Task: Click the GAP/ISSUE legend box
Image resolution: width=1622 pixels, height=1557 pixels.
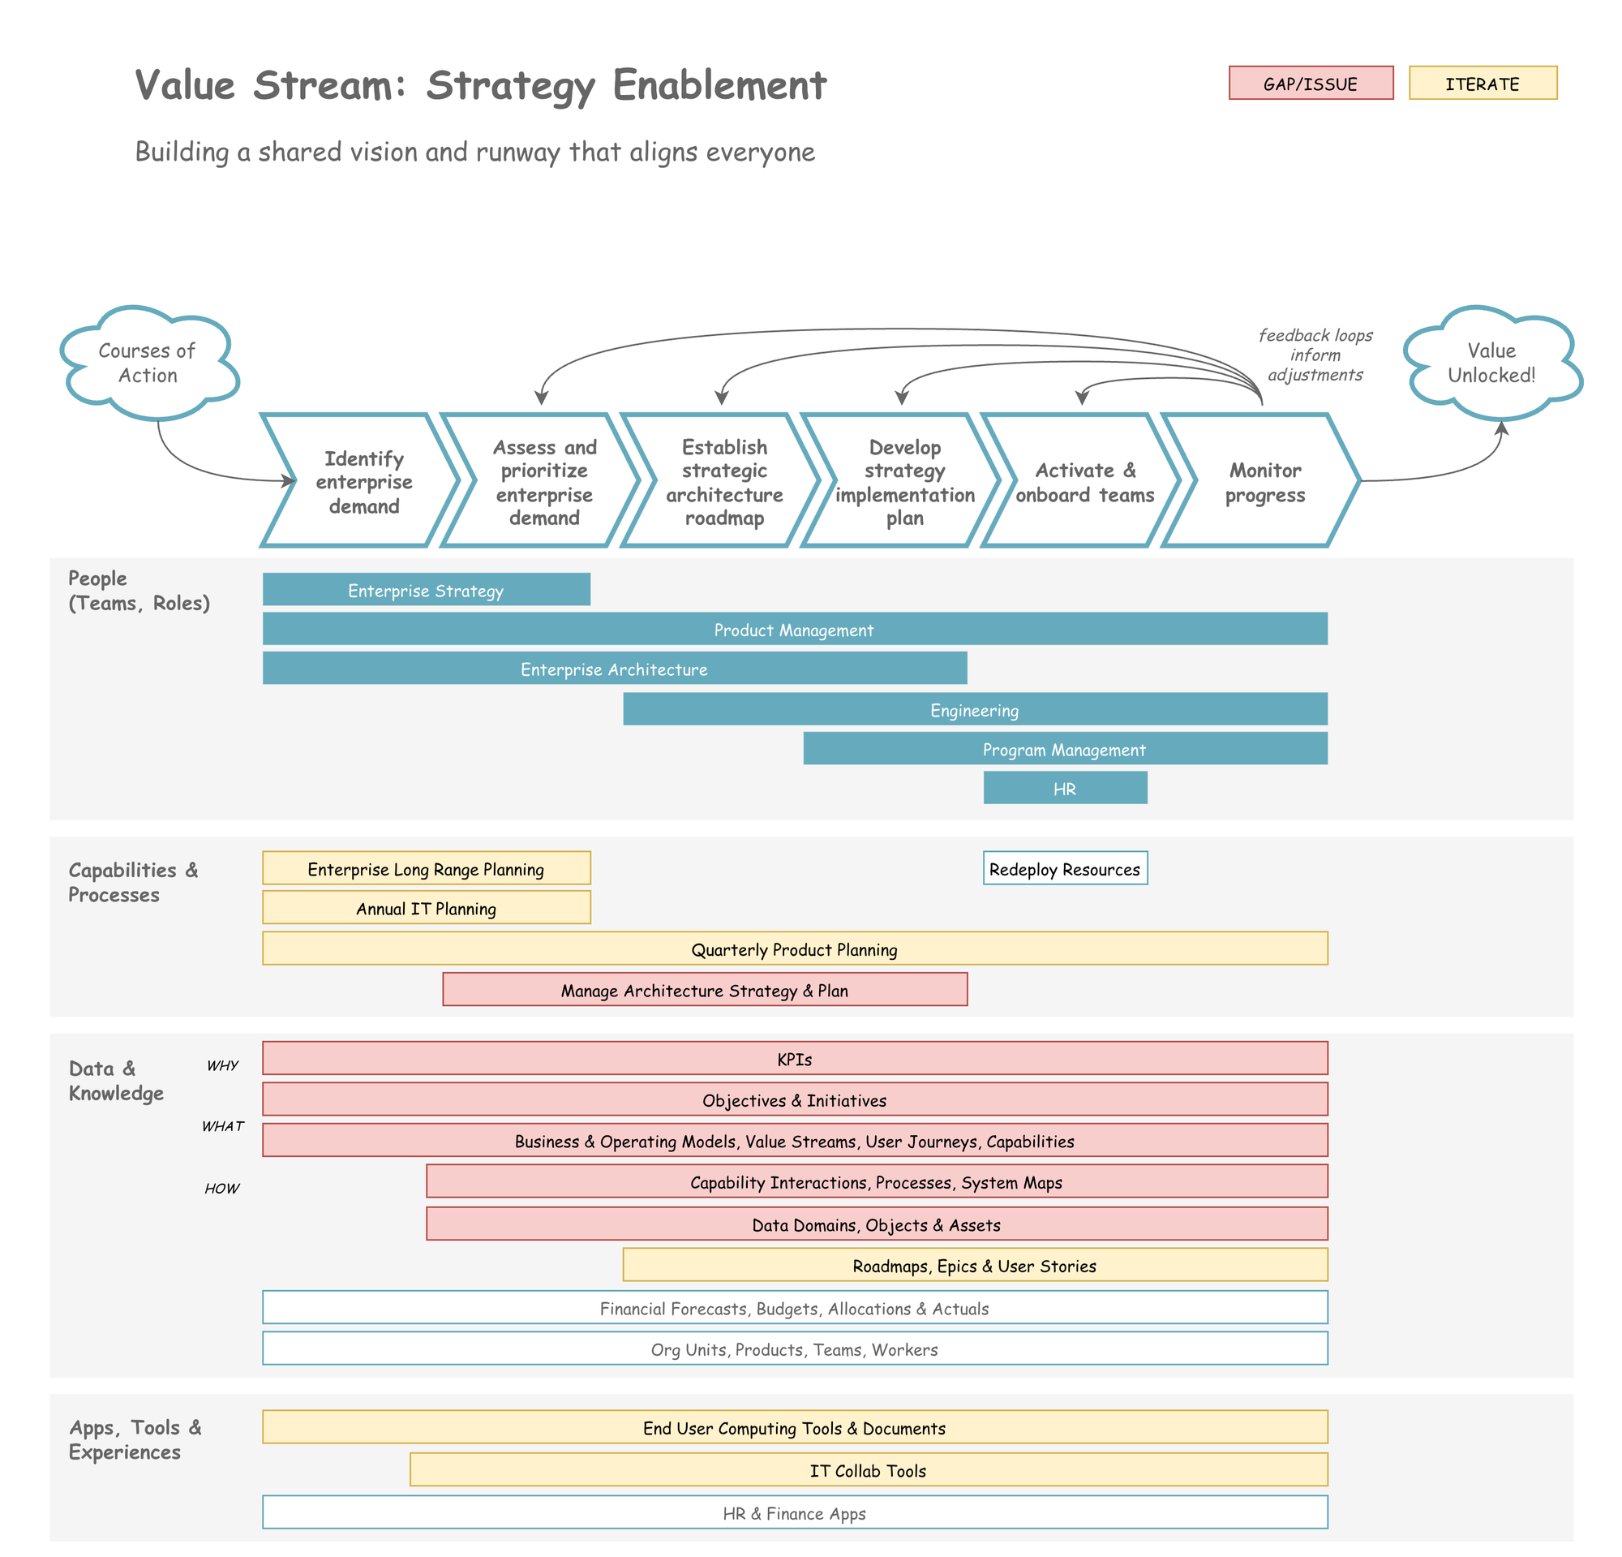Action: pos(1310,83)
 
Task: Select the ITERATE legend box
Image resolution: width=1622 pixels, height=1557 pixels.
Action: pos(1483,83)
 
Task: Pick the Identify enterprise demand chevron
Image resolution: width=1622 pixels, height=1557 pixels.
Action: pos(362,481)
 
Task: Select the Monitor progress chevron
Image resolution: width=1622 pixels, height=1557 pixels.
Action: pos(1264,482)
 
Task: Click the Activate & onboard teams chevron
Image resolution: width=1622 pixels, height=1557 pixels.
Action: pos(1084,482)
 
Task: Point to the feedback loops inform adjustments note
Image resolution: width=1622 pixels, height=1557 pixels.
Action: pos(1315,355)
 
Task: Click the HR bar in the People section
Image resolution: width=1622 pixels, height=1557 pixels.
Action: pos(1065,788)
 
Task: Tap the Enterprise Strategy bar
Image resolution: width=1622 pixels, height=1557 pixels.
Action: pos(427,589)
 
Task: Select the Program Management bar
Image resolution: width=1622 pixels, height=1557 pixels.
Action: pos(1065,748)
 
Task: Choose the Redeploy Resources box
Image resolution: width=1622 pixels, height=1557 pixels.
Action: pos(1065,868)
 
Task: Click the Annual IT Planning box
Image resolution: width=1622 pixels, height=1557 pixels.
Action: pos(427,907)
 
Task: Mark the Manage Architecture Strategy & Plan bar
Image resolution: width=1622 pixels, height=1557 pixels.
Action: pos(704,989)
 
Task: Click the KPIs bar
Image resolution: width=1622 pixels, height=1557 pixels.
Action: pos(795,1059)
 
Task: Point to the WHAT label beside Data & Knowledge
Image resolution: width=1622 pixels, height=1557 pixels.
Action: pos(222,1125)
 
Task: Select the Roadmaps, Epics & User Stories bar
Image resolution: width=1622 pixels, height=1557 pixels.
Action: pos(975,1265)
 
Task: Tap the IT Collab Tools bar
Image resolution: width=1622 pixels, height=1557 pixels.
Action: pos(868,1469)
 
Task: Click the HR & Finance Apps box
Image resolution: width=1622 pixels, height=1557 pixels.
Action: pos(795,1512)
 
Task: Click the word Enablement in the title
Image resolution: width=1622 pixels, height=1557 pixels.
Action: pos(719,85)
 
